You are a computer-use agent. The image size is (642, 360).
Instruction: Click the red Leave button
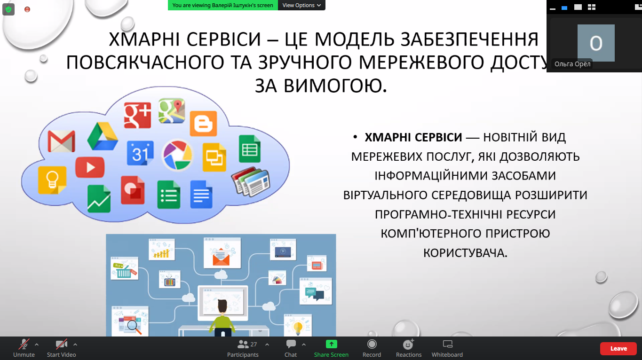click(618, 348)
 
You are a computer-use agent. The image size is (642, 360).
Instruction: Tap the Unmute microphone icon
click(24, 344)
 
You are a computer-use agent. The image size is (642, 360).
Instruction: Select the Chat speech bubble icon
click(291, 344)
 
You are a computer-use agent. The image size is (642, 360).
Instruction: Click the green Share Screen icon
click(331, 344)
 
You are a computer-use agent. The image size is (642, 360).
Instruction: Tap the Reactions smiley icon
click(408, 344)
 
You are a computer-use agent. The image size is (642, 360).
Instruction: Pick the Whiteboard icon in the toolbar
click(447, 344)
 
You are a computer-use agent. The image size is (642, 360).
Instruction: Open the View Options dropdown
click(301, 5)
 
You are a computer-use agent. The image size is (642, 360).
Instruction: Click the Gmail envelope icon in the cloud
click(61, 141)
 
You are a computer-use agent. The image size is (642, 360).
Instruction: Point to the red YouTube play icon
click(90, 167)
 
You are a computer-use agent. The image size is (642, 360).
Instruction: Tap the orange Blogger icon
click(203, 124)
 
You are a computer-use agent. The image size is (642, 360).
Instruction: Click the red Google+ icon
click(137, 115)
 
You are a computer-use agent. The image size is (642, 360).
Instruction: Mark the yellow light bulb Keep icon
click(52, 180)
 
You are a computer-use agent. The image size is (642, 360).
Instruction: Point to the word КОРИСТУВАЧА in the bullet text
click(466, 253)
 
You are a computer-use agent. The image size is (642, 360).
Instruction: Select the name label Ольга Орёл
click(572, 64)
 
